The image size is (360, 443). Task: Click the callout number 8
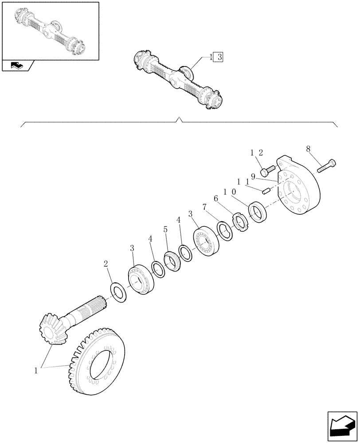(308, 150)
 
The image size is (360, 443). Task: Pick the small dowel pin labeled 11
(266, 191)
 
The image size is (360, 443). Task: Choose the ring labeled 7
(224, 232)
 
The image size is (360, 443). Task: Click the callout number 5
(165, 229)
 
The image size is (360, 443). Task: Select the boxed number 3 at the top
(220, 57)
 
